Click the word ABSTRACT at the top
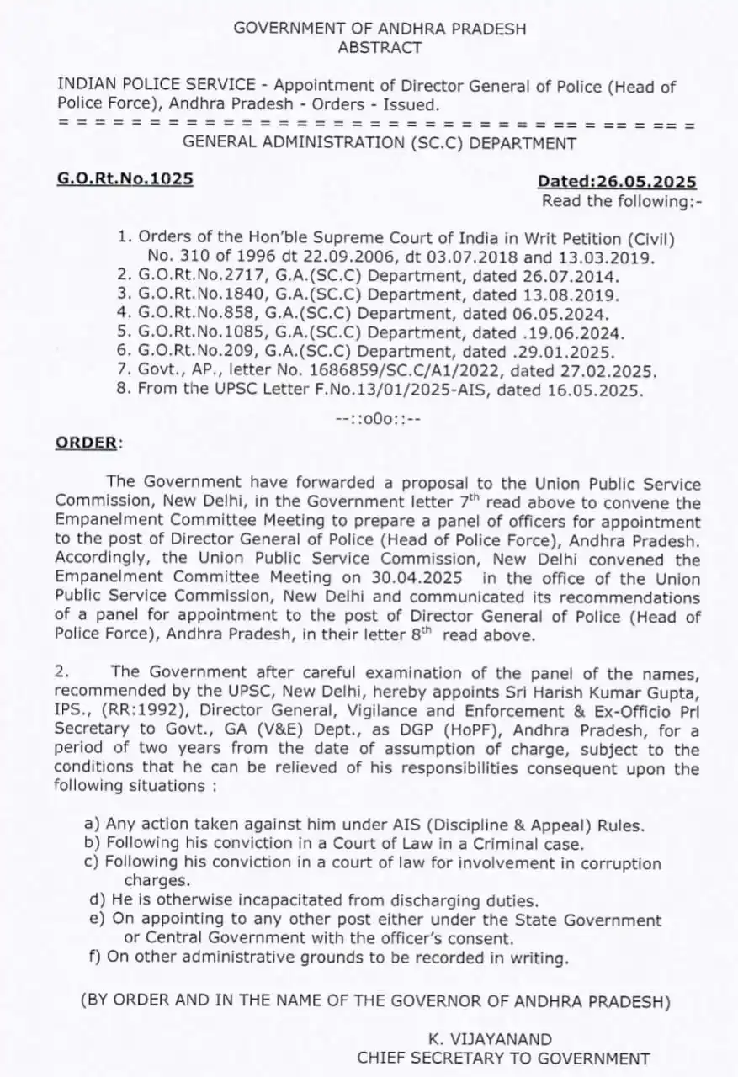380,48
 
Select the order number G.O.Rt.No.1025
125,178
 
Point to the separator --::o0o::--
378,418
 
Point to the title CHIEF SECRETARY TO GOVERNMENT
503,1058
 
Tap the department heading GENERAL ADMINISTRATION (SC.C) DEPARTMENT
380,143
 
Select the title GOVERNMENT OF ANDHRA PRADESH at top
380,28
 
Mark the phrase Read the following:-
621,201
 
